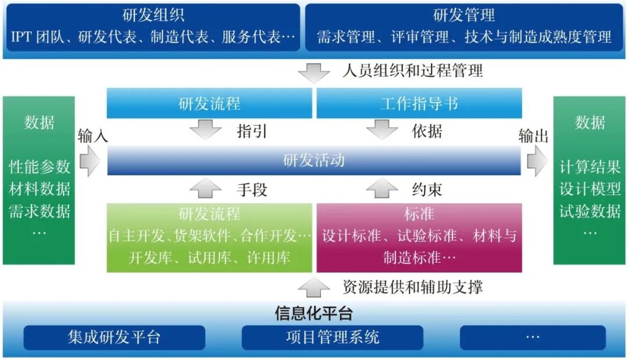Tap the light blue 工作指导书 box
(419, 104)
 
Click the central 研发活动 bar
(314, 160)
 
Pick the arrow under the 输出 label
(537, 160)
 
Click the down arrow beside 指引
(209, 129)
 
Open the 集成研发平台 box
(114, 337)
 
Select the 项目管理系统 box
(333, 337)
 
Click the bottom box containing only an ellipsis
(532, 337)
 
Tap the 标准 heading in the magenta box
(419, 214)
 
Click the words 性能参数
(39, 167)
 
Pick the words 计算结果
(590, 167)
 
